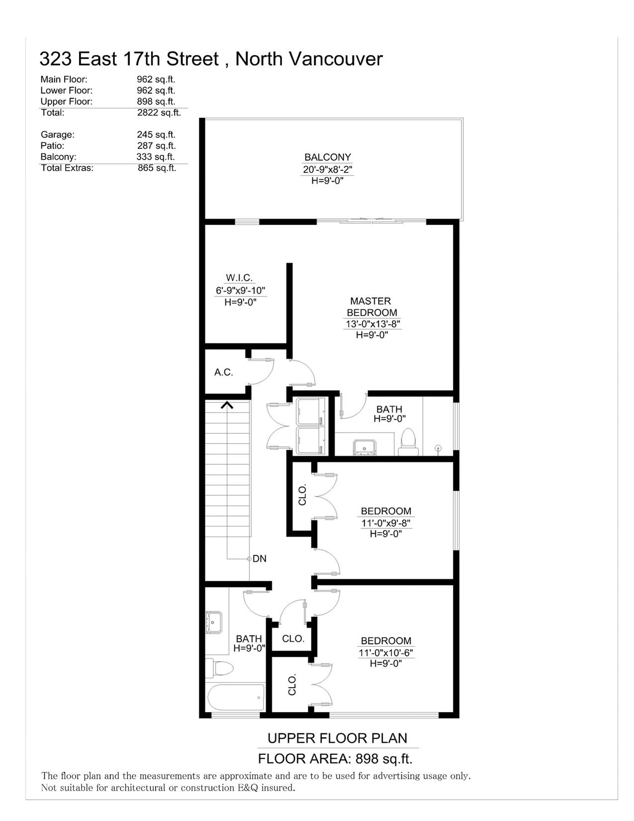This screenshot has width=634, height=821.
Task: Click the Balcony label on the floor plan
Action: [x=327, y=157]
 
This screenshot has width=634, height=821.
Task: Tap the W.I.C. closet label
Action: [x=239, y=278]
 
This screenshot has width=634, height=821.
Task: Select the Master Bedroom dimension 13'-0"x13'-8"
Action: [x=372, y=324]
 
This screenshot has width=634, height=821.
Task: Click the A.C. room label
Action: [x=224, y=372]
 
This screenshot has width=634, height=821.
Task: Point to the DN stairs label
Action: [x=260, y=558]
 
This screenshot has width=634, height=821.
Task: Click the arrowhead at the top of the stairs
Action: [x=227, y=405]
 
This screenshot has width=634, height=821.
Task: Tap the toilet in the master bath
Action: [x=408, y=442]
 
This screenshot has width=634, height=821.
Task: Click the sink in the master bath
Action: [x=364, y=447]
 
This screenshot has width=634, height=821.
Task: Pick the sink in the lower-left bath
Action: [x=214, y=622]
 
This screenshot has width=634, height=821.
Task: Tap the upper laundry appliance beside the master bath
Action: [x=310, y=411]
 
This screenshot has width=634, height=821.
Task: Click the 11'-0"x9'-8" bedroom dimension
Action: [x=385, y=523]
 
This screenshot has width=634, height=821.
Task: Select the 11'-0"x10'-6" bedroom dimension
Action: [x=385, y=652]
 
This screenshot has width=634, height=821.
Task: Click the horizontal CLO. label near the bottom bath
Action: [x=293, y=638]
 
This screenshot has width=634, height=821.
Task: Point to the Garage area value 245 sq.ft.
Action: [x=156, y=134]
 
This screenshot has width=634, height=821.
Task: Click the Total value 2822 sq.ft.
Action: [x=159, y=112]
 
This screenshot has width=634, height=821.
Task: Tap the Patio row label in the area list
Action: [x=52, y=145]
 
